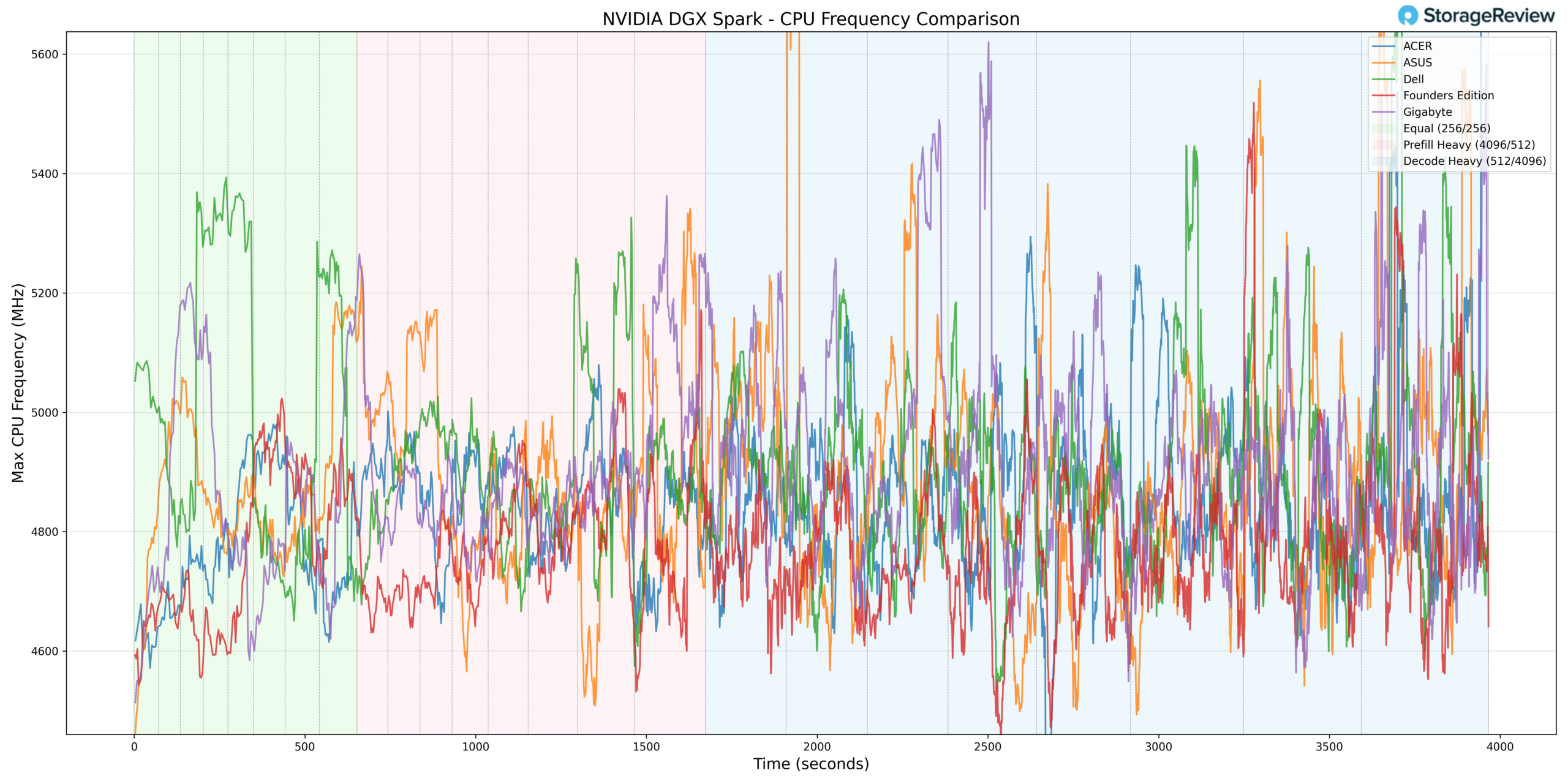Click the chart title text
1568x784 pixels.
pyautogui.click(x=810, y=19)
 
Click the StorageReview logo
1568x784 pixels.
pyautogui.click(x=1476, y=15)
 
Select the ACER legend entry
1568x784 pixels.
pyautogui.click(x=1417, y=47)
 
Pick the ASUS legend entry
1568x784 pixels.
pyautogui.click(x=1417, y=62)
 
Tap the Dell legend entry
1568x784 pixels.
pyautogui.click(x=1413, y=79)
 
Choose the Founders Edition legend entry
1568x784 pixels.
pyautogui.click(x=1448, y=96)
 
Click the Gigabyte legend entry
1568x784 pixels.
pyautogui.click(x=1427, y=112)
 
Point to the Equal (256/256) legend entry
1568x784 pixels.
pyautogui.click(x=1446, y=129)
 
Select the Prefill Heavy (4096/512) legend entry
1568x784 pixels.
pyautogui.click(x=1468, y=145)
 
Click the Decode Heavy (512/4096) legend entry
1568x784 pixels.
pyautogui.click(x=1474, y=162)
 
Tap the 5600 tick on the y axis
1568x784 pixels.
pyautogui.click(x=45, y=55)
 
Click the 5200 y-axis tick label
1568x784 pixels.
pyautogui.click(x=45, y=293)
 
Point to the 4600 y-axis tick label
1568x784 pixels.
pyautogui.click(x=45, y=652)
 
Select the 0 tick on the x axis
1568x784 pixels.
pyautogui.click(x=134, y=747)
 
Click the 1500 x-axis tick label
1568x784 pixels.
pyautogui.click(x=646, y=747)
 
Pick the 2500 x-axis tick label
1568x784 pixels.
pyautogui.click(x=987, y=747)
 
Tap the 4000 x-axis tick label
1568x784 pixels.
pyautogui.click(x=1499, y=747)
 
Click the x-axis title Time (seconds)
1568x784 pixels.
pyautogui.click(x=810, y=764)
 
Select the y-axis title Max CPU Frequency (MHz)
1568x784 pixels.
pyautogui.click(x=18, y=383)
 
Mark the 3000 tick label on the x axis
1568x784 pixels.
pyautogui.click(x=1158, y=747)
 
